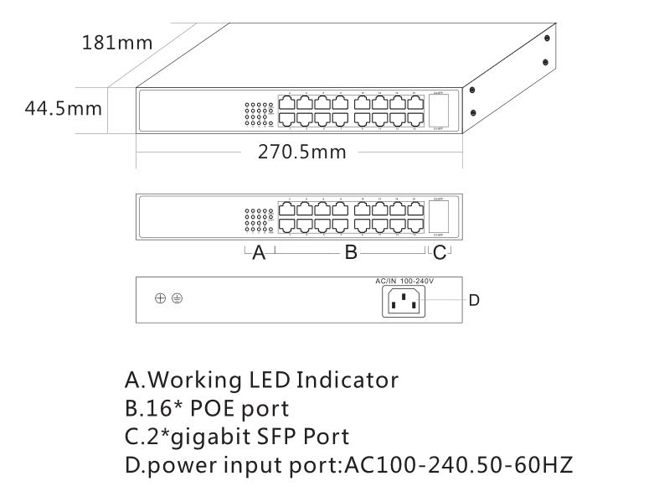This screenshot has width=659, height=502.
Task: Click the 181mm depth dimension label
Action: [x=116, y=42]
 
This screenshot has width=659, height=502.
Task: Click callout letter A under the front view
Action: [x=259, y=252]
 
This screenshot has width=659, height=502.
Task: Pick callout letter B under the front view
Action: [x=352, y=252]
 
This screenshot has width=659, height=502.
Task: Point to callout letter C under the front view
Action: [x=440, y=252]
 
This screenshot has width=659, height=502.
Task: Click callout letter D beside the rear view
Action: [x=474, y=299]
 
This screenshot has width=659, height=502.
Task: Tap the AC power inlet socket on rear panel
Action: [x=404, y=301]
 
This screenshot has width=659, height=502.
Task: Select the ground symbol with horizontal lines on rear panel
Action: [x=177, y=298]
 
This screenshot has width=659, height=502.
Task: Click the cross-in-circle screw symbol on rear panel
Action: [x=160, y=298]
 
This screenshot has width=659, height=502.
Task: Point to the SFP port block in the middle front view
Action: [x=440, y=218]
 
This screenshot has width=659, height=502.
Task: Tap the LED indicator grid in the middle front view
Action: [x=259, y=220]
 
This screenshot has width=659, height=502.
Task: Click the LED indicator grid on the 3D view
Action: [x=259, y=115]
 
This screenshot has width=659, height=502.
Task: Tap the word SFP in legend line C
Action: [x=279, y=436]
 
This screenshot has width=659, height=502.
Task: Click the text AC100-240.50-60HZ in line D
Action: [x=459, y=463]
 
